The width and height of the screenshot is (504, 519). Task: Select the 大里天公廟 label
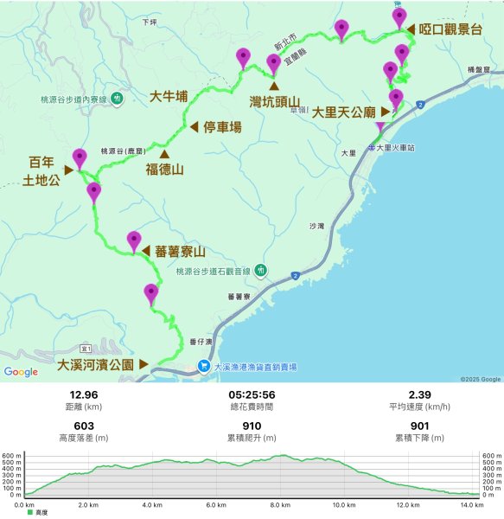(x=343, y=112)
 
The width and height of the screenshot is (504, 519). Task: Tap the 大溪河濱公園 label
(x=95, y=365)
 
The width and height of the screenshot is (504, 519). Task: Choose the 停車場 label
(x=222, y=127)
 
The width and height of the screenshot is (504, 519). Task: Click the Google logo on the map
(x=21, y=372)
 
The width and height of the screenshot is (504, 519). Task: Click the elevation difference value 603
(x=84, y=426)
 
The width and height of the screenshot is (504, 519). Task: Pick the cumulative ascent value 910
(x=252, y=426)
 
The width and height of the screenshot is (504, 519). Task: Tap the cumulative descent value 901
(x=419, y=426)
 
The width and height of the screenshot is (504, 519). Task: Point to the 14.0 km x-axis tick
(x=471, y=505)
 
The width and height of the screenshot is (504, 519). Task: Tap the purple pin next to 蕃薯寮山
(x=134, y=240)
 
